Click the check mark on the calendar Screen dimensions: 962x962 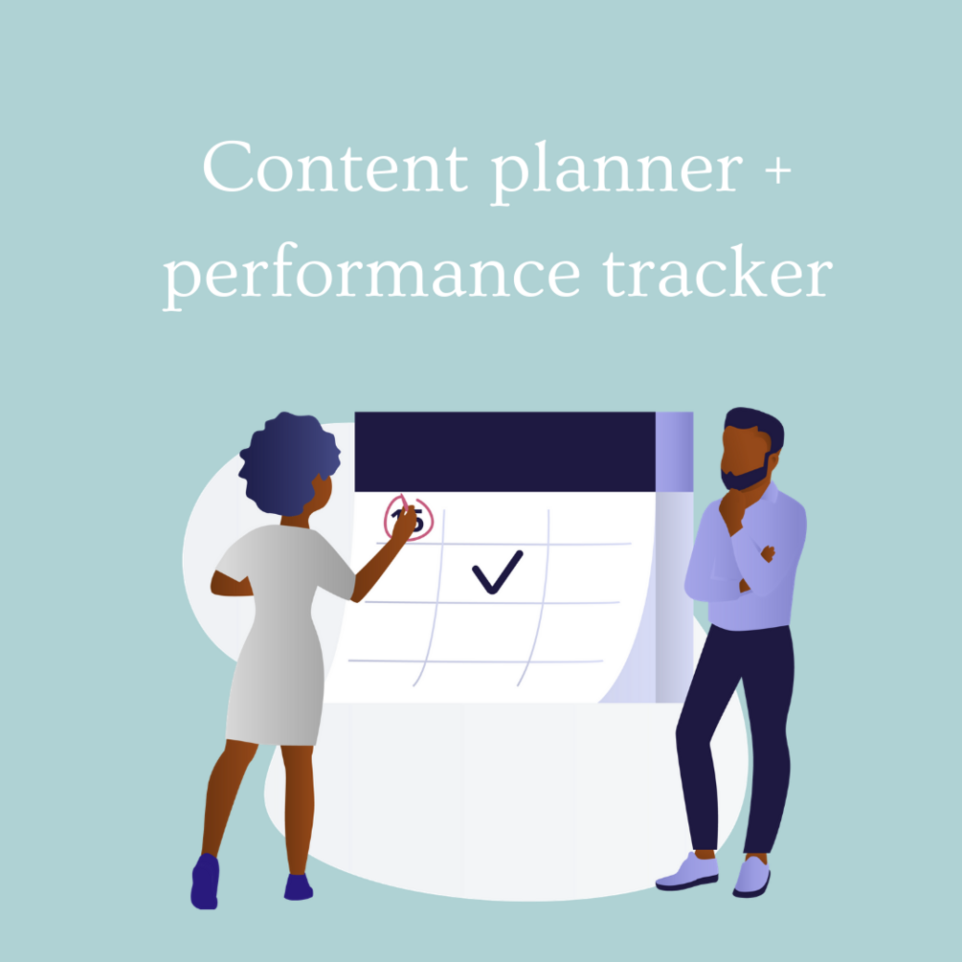click(x=497, y=571)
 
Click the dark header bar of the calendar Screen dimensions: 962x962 click(x=503, y=451)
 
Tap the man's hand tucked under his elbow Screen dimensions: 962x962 click(x=766, y=553)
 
